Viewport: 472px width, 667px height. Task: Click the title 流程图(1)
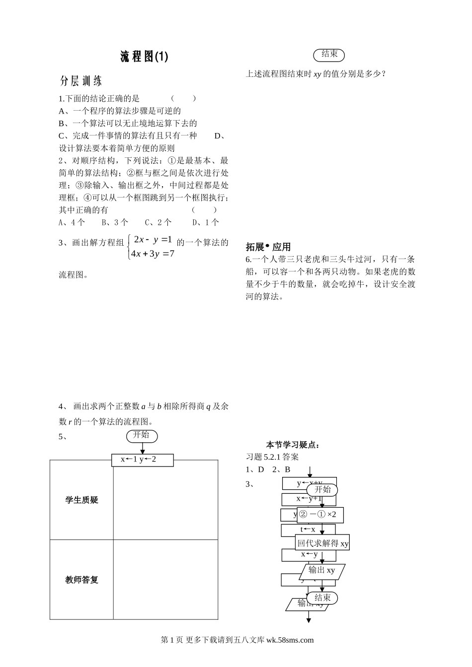144,57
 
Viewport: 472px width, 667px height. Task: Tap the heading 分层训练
81,81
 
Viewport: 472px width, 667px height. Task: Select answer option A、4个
72,222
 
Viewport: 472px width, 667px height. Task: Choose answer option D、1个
206,222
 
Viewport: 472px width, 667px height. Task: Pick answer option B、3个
115,222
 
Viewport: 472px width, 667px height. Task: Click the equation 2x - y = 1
153,240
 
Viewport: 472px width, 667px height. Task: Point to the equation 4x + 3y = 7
153,254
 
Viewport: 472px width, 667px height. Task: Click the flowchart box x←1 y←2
142,460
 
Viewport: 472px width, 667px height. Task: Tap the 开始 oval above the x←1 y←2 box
142,435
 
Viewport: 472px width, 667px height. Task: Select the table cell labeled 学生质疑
82,500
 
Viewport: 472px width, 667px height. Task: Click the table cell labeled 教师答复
82,580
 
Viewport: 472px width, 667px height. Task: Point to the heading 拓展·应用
268,247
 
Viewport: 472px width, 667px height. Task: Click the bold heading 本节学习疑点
293,445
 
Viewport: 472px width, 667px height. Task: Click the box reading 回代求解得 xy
323,543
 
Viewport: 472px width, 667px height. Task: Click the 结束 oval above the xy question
329,54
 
